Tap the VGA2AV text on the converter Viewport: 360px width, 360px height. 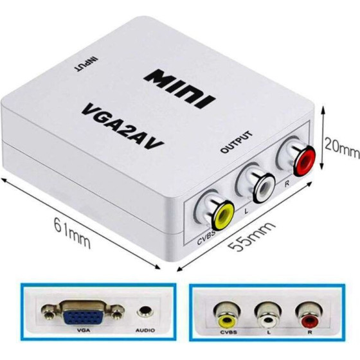(x=123, y=127)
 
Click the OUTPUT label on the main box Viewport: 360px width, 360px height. (x=237, y=142)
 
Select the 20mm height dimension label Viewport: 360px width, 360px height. (x=342, y=148)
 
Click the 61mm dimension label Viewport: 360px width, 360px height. (x=72, y=233)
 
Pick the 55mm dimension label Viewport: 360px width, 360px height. (x=252, y=236)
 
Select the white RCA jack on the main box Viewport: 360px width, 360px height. (x=264, y=188)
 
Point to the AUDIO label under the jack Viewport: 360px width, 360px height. (x=145, y=330)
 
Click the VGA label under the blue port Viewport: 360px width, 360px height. (x=84, y=330)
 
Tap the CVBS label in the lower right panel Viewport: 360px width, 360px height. (x=229, y=332)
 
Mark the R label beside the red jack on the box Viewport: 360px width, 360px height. (x=287, y=184)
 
